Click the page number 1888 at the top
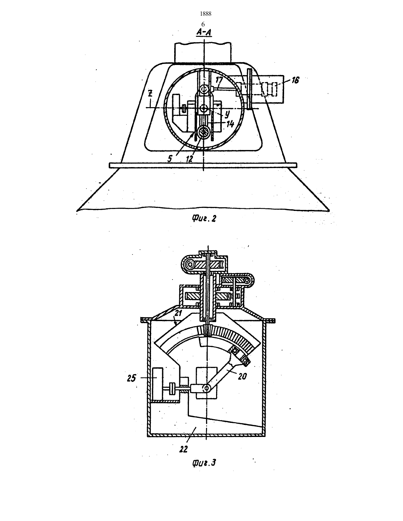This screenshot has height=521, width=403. pyautogui.click(x=206, y=14)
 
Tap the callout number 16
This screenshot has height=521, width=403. pyautogui.click(x=295, y=80)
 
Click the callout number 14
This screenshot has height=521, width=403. pyautogui.click(x=230, y=124)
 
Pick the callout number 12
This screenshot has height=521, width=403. pyautogui.click(x=189, y=159)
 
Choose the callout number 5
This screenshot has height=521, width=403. pyautogui.click(x=170, y=158)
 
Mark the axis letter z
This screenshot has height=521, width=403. pyautogui.click(x=150, y=94)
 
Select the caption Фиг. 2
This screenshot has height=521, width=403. pyautogui.click(x=204, y=218)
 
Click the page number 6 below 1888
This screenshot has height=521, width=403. pyautogui.click(x=203, y=24)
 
